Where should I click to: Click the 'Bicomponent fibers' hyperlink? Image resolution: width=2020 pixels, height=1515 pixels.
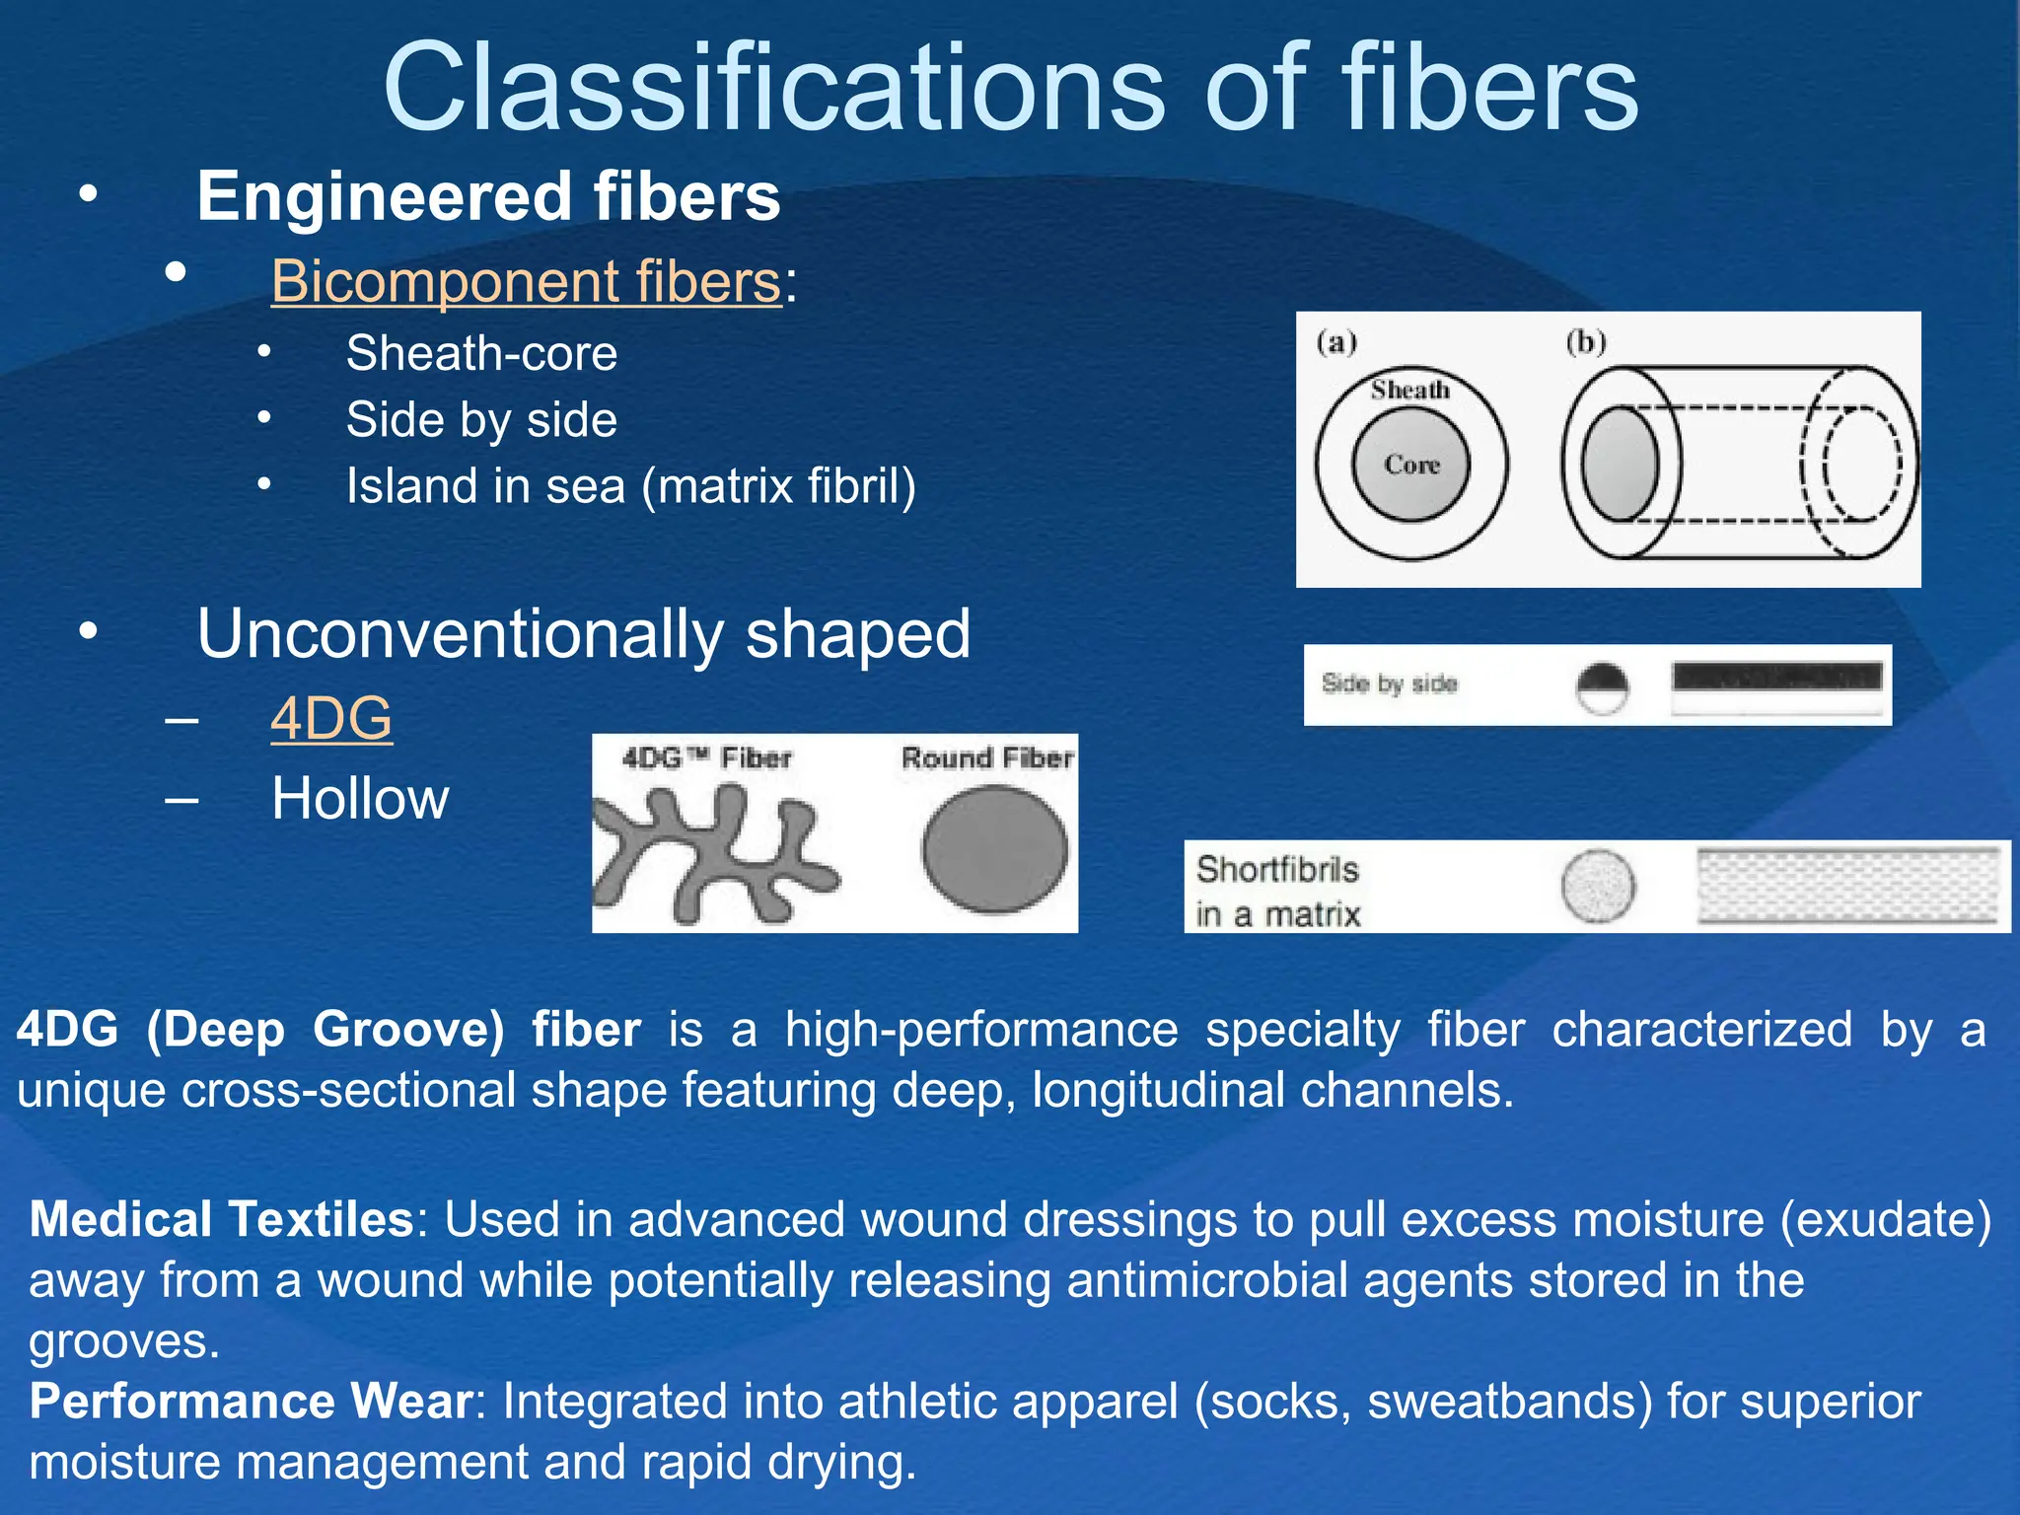pyautogui.click(x=526, y=281)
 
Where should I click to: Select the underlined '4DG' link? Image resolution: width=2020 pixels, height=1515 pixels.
pyautogui.click(x=331, y=718)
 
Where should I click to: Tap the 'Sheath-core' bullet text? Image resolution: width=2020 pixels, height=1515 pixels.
pyautogui.click(x=481, y=353)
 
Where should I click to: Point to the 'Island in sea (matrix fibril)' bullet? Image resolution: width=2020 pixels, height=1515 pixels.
pyautogui.click(x=631, y=486)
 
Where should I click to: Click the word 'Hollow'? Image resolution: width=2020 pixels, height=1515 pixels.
pyautogui.click(x=360, y=798)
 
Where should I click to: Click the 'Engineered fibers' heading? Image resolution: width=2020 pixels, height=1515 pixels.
pyautogui.click(x=488, y=196)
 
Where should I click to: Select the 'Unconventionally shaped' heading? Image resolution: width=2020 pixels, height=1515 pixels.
pyautogui.click(x=584, y=633)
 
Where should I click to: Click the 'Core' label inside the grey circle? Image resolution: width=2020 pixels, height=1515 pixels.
pyautogui.click(x=1411, y=465)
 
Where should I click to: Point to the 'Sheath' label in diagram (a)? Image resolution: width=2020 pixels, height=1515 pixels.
pyautogui.click(x=1410, y=391)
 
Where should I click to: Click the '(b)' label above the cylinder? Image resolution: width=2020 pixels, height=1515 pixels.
pyautogui.click(x=1586, y=342)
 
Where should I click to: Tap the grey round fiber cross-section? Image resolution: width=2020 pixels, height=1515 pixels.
pyautogui.click(x=994, y=848)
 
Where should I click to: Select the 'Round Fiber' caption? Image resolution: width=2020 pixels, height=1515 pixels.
pyautogui.click(x=986, y=758)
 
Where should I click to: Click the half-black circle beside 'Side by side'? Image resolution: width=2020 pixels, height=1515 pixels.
pyautogui.click(x=1602, y=687)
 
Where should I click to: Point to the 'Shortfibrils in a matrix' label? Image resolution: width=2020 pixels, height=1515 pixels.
pyautogui.click(x=1278, y=891)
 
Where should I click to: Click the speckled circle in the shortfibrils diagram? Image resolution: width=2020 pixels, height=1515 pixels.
pyautogui.click(x=1598, y=887)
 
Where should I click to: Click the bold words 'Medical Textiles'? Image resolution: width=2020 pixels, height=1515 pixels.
pyautogui.click(x=221, y=1219)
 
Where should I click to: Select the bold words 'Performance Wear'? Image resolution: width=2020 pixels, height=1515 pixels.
pyautogui.click(x=252, y=1402)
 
